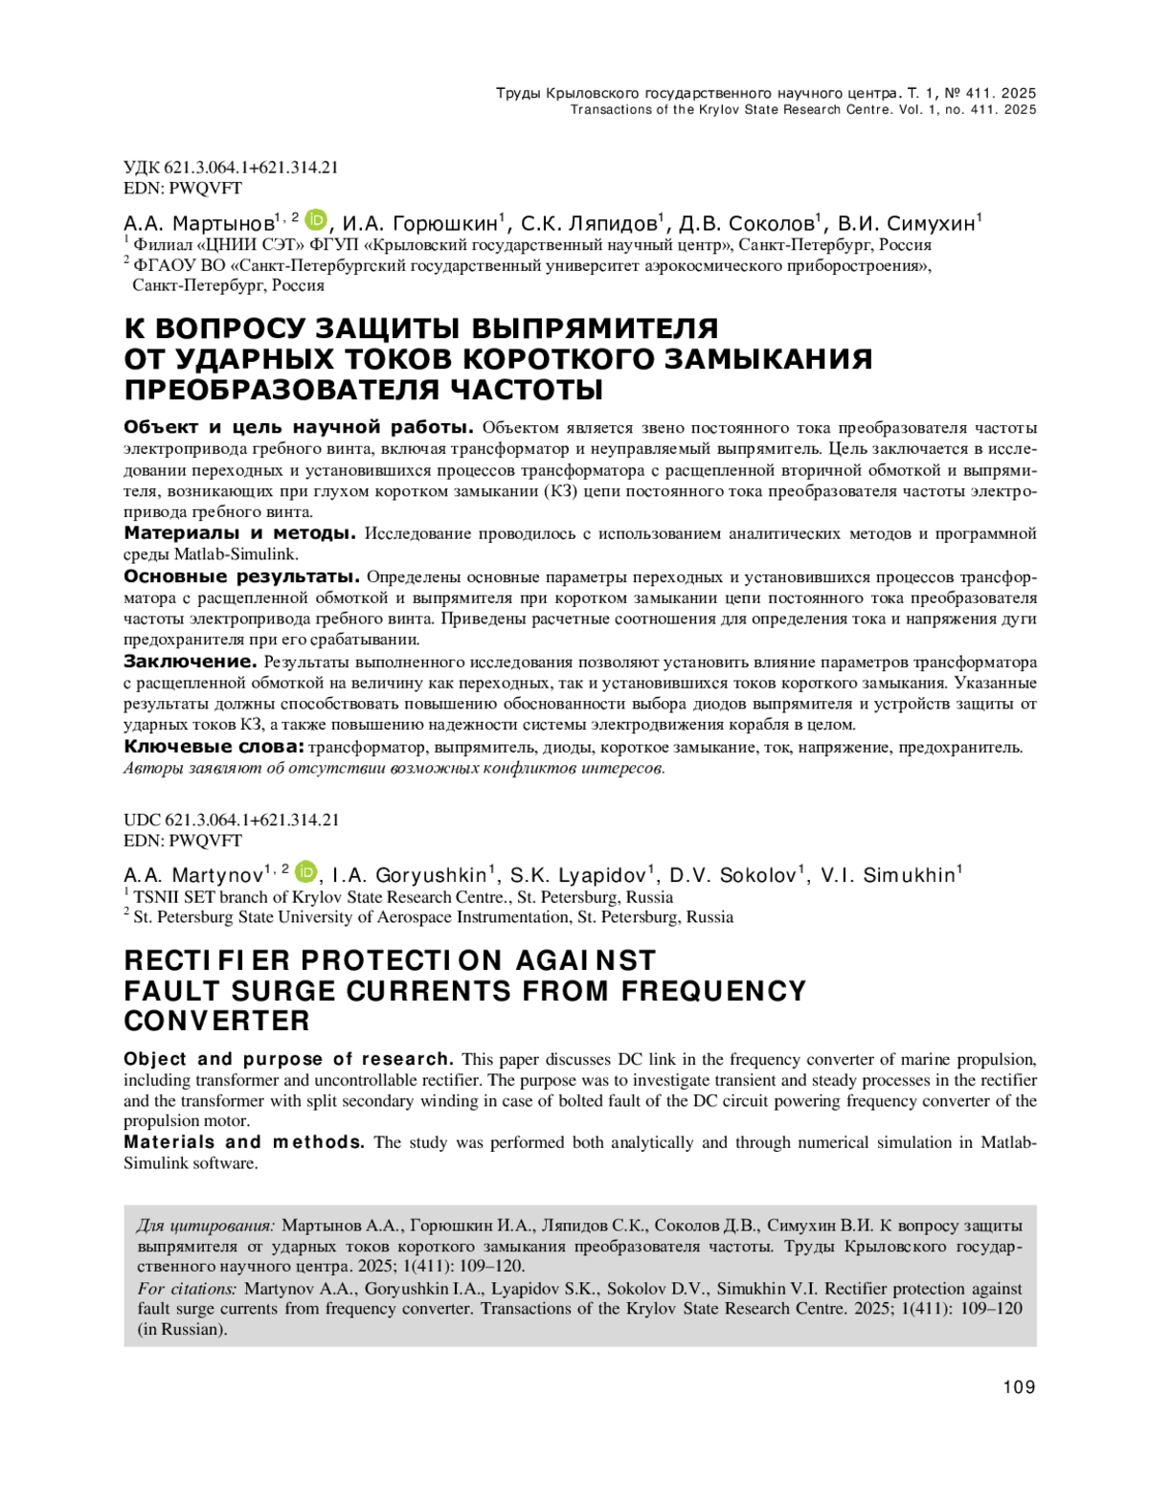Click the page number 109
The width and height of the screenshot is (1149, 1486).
click(1019, 1386)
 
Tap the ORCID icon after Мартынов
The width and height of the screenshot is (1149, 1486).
click(317, 220)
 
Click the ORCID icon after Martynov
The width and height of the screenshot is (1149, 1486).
click(306, 871)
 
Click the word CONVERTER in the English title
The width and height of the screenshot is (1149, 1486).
click(217, 1021)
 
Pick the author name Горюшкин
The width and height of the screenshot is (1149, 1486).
click(445, 224)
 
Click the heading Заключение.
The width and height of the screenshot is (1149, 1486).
click(191, 662)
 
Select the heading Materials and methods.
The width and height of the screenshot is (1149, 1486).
click(244, 1142)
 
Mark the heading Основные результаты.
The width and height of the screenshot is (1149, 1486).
click(242, 576)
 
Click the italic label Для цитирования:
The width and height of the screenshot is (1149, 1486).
click(206, 1226)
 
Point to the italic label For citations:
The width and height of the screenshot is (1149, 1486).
click(187, 1289)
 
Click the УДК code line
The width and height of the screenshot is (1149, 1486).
click(231, 168)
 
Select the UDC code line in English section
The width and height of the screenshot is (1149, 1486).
click(231, 820)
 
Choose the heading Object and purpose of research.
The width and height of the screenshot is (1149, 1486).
click(288, 1059)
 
